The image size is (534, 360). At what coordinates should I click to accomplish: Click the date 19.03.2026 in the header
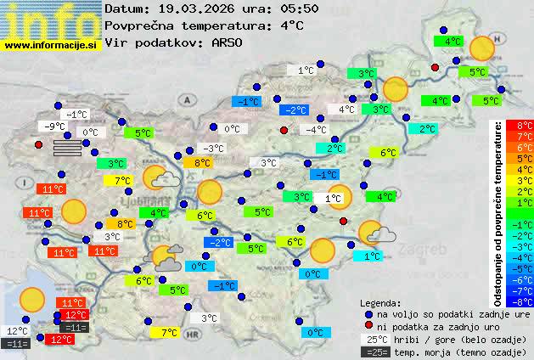(194, 8)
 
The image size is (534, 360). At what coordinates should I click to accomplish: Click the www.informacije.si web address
(51, 44)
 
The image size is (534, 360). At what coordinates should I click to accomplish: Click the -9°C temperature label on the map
(56, 127)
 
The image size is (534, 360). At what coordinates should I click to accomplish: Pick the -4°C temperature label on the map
(316, 130)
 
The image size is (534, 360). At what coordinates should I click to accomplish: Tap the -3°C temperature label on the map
(213, 149)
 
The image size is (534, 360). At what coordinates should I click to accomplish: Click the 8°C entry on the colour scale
(519, 126)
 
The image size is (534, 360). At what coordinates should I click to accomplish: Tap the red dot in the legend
(368, 326)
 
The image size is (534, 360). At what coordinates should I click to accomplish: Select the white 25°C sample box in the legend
(374, 339)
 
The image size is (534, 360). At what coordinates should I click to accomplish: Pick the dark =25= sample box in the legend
(374, 352)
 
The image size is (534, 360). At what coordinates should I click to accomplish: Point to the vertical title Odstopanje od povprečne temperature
(498, 212)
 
